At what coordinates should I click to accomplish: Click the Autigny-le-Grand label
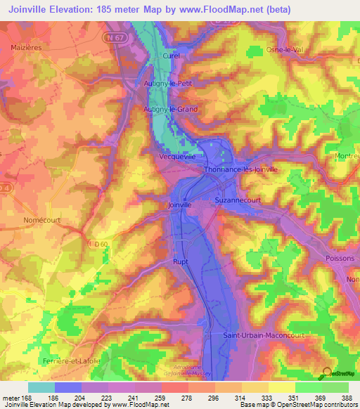pyautogui.click(x=181, y=110)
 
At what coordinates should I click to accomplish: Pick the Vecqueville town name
pyautogui.click(x=178, y=157)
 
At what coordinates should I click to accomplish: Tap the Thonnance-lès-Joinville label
pyautogui.click(x=240, y=169)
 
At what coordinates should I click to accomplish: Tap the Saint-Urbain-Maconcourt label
pyautogui.click(x=263, y=335)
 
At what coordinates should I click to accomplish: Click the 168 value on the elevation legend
pyautogui.click(x=27, y=398)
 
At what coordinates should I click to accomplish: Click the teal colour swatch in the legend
pyautogui.click(x=41, y=387)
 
